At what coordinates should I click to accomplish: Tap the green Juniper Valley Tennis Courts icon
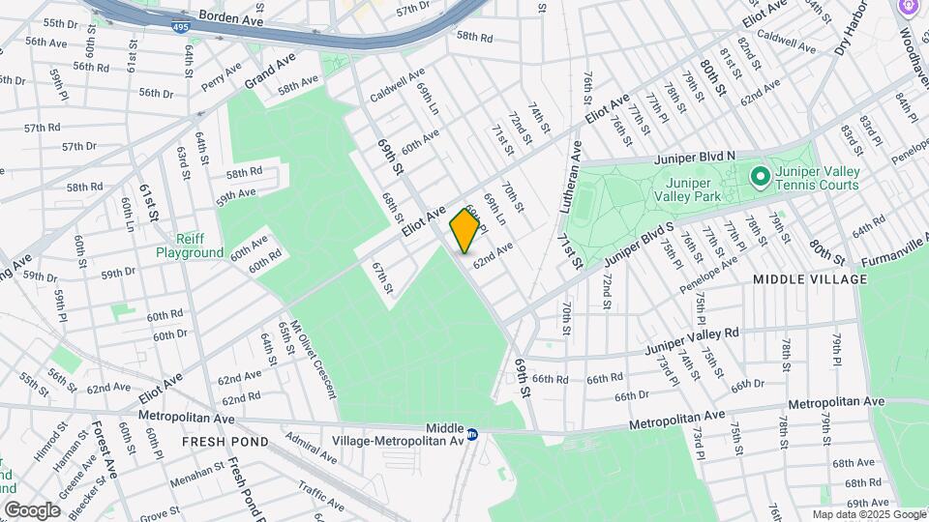click(761, 177)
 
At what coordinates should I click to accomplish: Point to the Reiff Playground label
click(190, 246)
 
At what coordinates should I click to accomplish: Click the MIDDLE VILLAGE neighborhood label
click(810, 279)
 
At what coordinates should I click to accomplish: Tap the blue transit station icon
click(473, 435)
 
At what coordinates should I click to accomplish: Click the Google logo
click(33, 509)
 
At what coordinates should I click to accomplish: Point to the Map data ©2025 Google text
click(867, 514)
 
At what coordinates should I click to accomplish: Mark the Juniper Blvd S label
click(637, 246)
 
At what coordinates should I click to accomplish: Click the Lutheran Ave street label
click(569, 186)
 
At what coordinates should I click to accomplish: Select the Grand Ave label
click(269, 71)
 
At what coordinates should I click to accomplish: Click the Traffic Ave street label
click(321, 497)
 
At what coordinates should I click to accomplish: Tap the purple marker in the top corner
click(910, 8)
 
